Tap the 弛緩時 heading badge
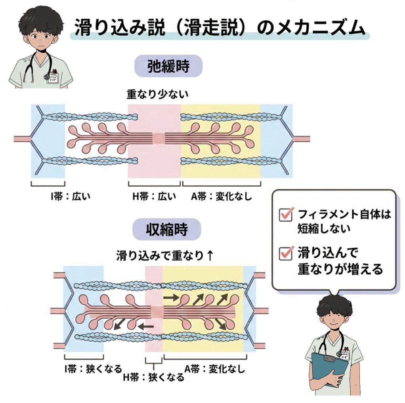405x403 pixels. [x=168, y=66]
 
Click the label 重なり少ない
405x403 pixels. [x=157, y=94]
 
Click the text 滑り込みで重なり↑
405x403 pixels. [x=165, y=255]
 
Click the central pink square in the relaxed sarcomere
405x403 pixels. [x=159, y=138]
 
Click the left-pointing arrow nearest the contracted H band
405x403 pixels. [x=145, y=326]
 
